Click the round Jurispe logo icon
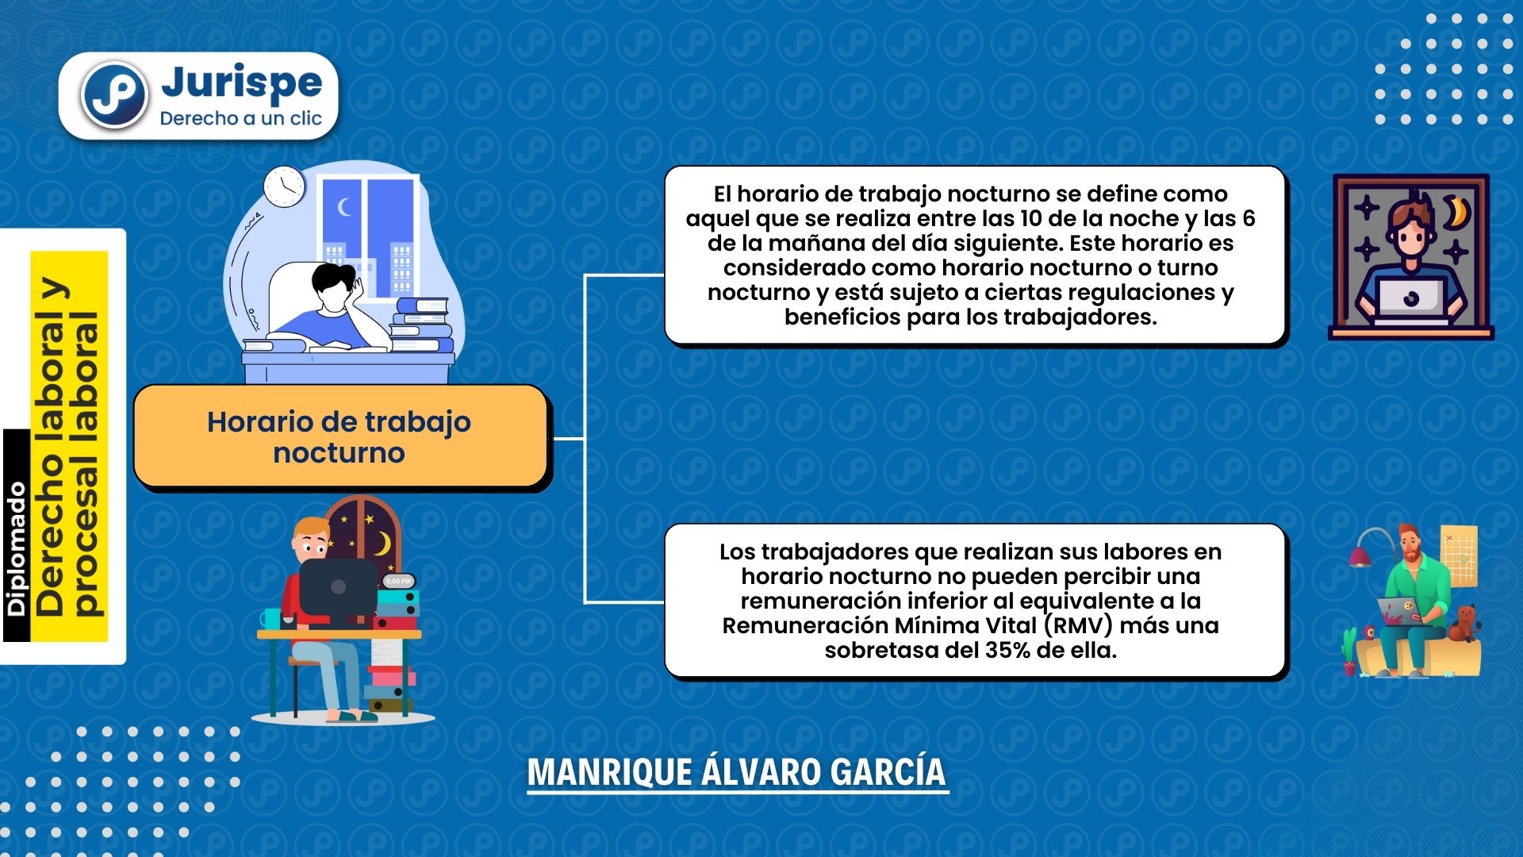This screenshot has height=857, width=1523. [114, 95]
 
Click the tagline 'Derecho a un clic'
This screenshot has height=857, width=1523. [240, 118]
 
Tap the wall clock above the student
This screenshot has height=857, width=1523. [284, 186]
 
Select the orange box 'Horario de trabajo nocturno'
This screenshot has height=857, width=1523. [341, 436]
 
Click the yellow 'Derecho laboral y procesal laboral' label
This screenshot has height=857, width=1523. [69, 447]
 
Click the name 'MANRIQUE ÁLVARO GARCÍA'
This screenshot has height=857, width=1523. [737, 772]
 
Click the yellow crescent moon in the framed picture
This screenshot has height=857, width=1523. [1457, 213]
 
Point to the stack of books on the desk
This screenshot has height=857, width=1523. [422, 325]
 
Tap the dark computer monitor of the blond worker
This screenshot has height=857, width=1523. [339, 587]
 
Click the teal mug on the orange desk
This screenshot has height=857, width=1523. [271, 619]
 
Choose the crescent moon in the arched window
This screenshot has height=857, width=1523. [383, 544]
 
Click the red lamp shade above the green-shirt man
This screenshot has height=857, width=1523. [1360, 557]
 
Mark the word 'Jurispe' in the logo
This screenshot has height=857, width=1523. [241, 83]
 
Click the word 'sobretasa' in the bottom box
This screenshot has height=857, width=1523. [877, 650]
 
